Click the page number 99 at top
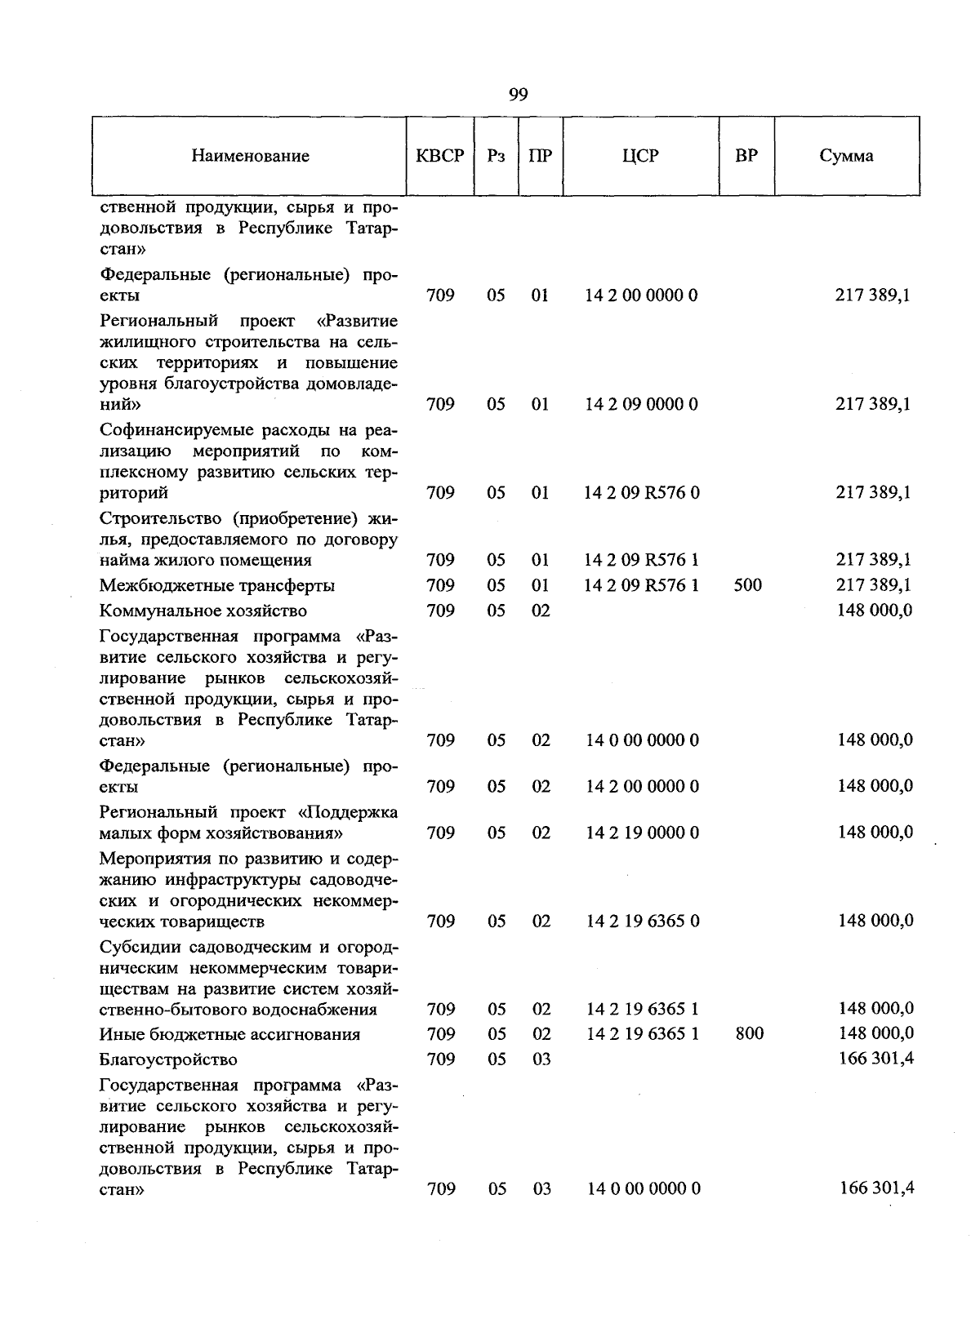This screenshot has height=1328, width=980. pyautogui.click(x=518, y=95)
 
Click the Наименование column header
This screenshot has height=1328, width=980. pyautogui.click(x=250, y=156)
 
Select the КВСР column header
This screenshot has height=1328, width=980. pyautogui.click(x=439, y=156)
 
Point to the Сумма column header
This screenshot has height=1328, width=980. pyautogui.click(x=846, y=156)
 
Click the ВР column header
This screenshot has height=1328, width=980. pyautogui.click(x=746, y=156)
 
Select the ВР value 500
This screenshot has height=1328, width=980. pyautogui.click(x=747, y=585)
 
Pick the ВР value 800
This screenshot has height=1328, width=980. pyautogui.click(x=749, y=1034)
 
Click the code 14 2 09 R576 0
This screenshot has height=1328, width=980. pyautogui.click(x=642, y=493)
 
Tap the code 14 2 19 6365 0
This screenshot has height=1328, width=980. pyautogui.click(x=643, y=922)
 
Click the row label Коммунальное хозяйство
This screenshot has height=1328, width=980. pyautogui.click(x=203, y=611)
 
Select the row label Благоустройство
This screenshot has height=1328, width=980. pyautogui.click(x=168, y=1059)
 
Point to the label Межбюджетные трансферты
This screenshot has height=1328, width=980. pyautogui.click(x=217, y=585)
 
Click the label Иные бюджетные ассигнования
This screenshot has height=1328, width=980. pyautogui.click(x=229, y=1034)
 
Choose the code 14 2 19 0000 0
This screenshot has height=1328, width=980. pyautogui.click(x=642, y=833)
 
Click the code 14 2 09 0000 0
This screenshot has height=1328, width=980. pyautogui.click(x=641, y=404)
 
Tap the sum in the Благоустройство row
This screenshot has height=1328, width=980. pyautogui.click(x=875, y=1059)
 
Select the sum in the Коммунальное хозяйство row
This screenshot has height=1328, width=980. pyautogui.click(x=875, y=610)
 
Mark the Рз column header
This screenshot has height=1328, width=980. pyautogui.click(x=496, y=156)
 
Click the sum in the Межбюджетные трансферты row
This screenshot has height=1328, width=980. pyautogui.click(x=873, y=584)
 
